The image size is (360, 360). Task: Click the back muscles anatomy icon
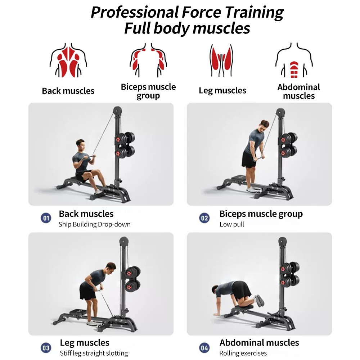(x=68, y=60)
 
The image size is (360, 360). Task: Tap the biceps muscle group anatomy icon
(x=148, y=59)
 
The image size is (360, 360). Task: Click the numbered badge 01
(x=46, y=218)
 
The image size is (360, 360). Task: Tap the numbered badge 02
(x=204, y=218)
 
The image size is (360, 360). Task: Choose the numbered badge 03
(x=46, y=348)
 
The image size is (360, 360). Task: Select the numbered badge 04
(x=204, y=348)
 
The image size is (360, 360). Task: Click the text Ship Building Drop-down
(x=94, y=224)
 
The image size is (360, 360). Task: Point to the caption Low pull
(x=232, y=224)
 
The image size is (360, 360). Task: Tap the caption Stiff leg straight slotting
(x=94, y=353)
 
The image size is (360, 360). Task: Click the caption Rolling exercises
(x=243, y=353)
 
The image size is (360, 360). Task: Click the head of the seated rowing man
(x=81, y=144)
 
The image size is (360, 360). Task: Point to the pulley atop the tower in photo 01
(x=117, y=109)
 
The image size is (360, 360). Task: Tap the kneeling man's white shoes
(x=259, y=301)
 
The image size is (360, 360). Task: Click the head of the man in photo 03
(x=111, y=267)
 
